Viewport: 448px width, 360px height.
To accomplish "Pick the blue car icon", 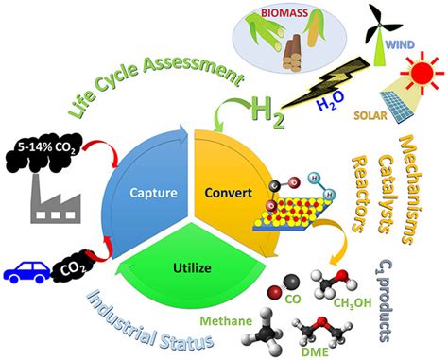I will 29,271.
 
